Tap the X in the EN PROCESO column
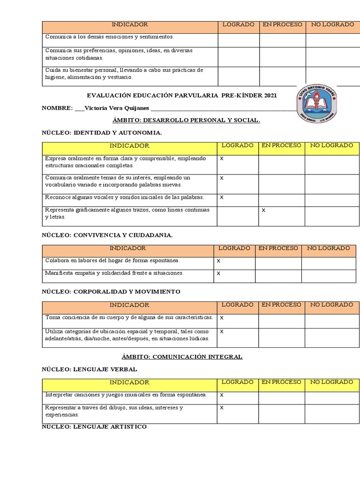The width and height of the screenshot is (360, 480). pos(263,210)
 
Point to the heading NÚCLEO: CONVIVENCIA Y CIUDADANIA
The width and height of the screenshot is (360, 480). pos(107,235)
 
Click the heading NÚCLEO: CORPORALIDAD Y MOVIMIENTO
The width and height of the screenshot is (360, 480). pos(111,292)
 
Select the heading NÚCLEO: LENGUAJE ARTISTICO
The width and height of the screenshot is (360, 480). pos(94,427)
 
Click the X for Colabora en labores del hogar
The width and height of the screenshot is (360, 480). pos(218,261)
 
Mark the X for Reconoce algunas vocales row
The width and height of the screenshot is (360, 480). pos(222,197)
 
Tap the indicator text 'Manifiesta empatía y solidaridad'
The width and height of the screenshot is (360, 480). pos(114,273)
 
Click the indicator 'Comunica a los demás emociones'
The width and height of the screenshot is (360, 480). pos(109,37)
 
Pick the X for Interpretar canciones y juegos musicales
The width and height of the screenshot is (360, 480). pos(222,395)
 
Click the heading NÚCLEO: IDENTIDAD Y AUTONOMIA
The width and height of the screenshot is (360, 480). pos(102,133)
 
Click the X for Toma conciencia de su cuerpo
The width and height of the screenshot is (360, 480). pos(222,318)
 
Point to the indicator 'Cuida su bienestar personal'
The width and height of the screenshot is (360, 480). pos(124,74)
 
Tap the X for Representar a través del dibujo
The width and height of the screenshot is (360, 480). pos(222,408)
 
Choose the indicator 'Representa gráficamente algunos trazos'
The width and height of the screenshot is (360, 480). pos(127,213)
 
